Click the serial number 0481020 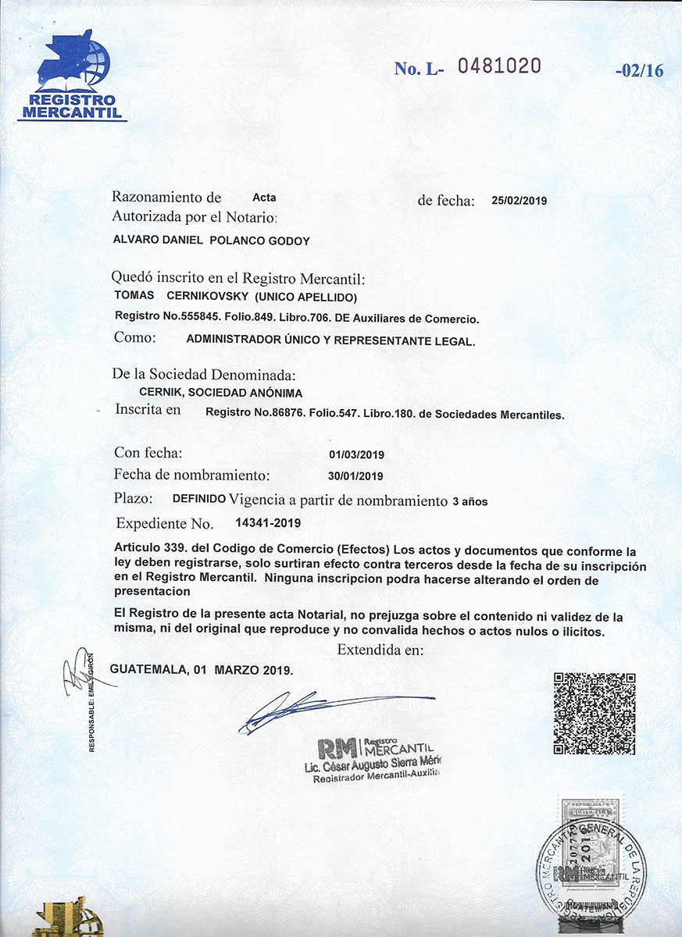[498, 66]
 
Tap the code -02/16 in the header [639, 70]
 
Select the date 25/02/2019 [520, 201]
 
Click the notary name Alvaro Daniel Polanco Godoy [212, 241]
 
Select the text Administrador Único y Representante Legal [330, 340]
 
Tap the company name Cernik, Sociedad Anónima [220, 394]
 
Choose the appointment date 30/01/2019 [356, 476]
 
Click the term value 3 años [470, 502]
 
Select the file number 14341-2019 [268, 522]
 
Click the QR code [594, 713]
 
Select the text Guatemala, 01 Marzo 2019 [202, 670]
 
